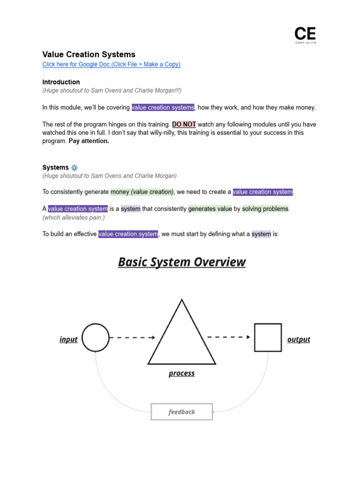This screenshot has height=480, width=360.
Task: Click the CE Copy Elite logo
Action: click(x=305, y=35)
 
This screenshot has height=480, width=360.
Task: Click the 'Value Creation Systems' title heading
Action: click(x=89, y=54)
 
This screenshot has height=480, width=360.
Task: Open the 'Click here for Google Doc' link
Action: click(x=111, y=64)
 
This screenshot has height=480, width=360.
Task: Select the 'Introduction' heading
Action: click(x=61, y=82)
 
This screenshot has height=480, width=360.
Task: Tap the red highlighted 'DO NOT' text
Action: click(x=184, y=124)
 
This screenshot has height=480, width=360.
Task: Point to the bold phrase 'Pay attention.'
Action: click(x=89, y=141)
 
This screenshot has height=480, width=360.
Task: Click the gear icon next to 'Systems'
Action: click(x=74, y=167)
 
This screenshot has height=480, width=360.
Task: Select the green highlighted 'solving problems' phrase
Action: click(x=265, y=209)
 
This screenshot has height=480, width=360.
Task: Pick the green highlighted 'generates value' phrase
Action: click(x=210, y=209)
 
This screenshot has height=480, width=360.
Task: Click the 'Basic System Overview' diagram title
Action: click(x=181, y=262)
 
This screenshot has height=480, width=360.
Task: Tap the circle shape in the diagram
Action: click(x=96, y=337)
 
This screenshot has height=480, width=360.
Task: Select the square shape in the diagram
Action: click(x=268, y=337)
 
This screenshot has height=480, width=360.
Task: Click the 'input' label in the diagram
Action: click(x=68, y=339)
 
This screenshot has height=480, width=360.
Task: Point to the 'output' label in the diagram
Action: click(x=299, y=339)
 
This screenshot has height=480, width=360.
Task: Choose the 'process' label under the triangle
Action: click(x=181, y=374)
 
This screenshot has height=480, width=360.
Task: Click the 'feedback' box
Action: click(x=181, y=412)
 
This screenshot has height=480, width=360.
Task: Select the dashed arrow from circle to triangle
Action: click(x=133, y=337)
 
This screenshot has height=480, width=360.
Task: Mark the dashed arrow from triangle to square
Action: click(x=228, y=337)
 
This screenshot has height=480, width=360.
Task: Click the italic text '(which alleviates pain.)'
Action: click(x=74, y=217)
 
